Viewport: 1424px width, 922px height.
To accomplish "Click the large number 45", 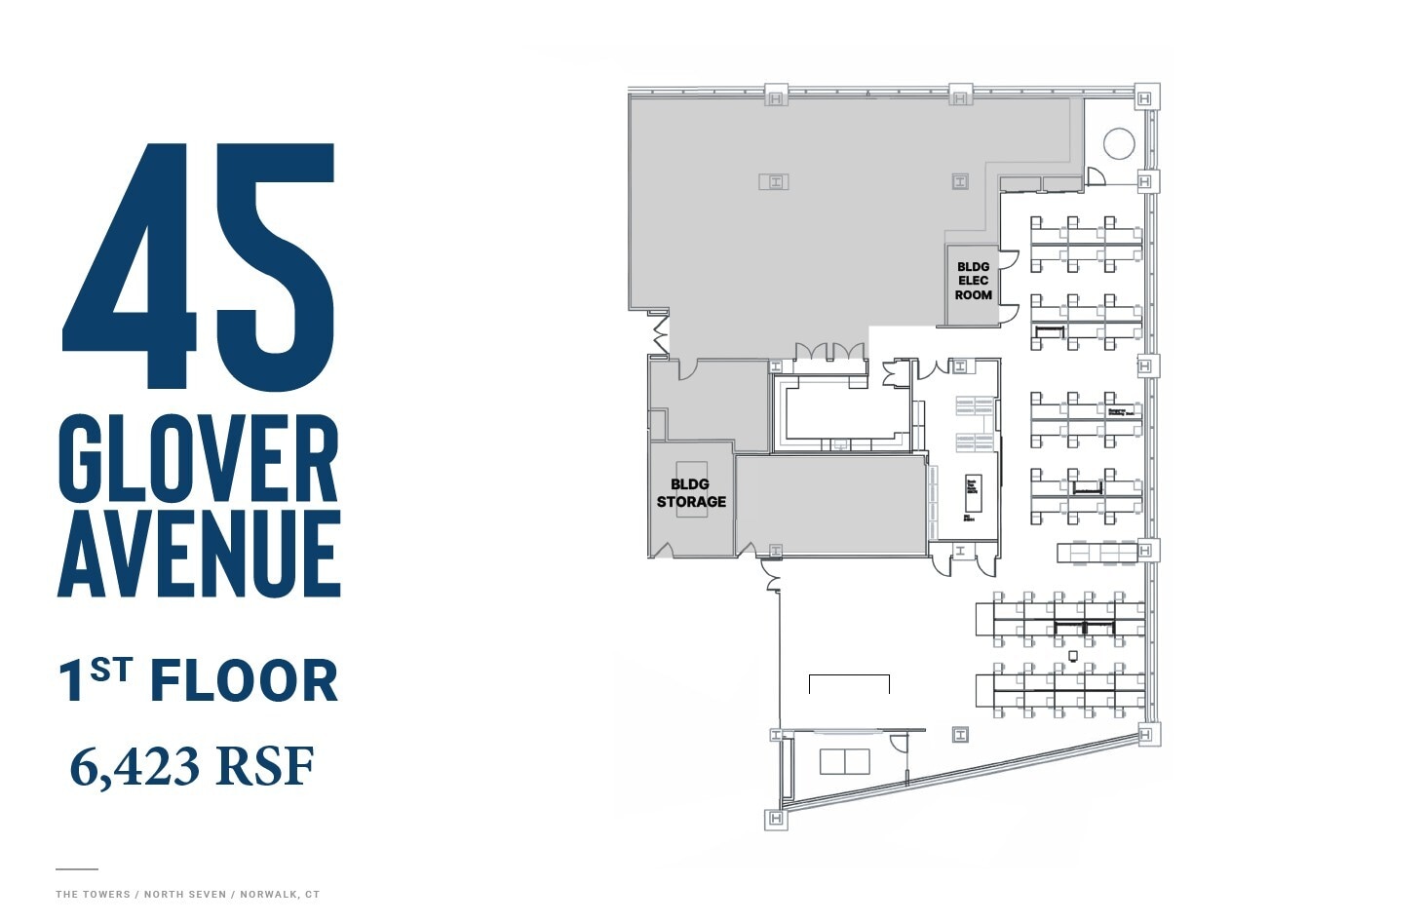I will [x=200, y=268].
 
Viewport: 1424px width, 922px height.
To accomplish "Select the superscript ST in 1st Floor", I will [x=110, y=670].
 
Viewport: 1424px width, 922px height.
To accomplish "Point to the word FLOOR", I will [x=244, y=681].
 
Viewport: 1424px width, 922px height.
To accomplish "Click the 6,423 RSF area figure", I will [x=192, y=767].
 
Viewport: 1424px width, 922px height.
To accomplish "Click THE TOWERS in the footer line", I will [x=93, y=894].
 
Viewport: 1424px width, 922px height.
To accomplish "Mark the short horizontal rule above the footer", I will [x=76, y=868].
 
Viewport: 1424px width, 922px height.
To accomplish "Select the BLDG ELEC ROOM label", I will [x=973, y=281].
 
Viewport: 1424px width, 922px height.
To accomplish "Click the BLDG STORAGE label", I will [x=691, y=493].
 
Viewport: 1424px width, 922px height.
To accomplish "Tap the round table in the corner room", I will [x=1119, y=143].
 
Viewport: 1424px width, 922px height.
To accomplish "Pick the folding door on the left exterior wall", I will [x=660, y=331].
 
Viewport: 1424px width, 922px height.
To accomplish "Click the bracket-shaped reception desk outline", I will [x=849, y=681].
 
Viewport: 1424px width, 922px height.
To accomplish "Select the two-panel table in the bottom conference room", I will [x=844, y=761].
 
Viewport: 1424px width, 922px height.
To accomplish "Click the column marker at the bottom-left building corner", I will [x=776, y=819].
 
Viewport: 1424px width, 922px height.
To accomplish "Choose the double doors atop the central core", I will [x=829, y=352].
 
